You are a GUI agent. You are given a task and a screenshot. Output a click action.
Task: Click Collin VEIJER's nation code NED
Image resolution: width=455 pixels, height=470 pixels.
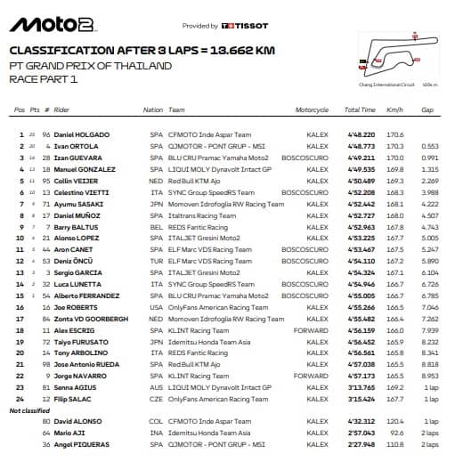click(150, 180)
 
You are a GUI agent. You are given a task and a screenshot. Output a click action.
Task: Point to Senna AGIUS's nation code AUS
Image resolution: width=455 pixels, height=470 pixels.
click(150, 388)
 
